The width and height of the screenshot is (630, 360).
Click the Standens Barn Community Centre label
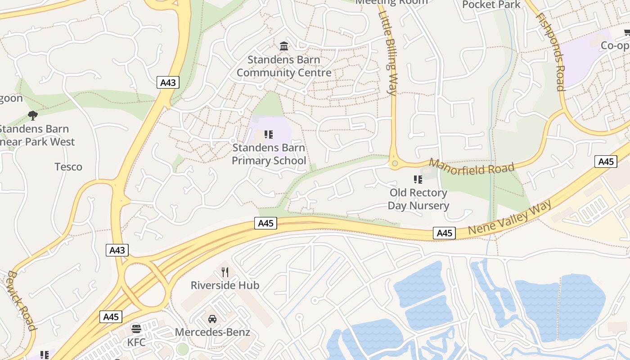coord(284,66)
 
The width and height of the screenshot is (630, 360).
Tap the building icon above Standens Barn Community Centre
coord(284,46)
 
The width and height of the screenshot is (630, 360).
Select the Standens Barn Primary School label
coord(269,154)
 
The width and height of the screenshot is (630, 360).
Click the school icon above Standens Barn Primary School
coord(269,134)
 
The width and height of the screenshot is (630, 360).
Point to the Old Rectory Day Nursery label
coord(418,199)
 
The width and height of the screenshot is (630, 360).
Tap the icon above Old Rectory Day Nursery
coord(418,180)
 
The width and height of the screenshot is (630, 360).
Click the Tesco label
coord(68,167)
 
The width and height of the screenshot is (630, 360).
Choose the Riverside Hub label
coord(225,285)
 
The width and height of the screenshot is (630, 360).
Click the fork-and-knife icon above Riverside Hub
coord(225,272)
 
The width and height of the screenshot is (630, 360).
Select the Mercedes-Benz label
coord(212,333)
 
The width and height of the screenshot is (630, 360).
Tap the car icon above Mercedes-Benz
coord(212,319)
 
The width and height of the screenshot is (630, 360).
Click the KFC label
coord(136,342)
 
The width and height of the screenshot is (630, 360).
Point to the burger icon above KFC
coord(136,328)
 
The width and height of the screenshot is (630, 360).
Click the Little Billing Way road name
coord(388,53)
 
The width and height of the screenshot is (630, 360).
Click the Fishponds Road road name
coord(550,52)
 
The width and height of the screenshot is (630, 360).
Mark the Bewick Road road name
coord(22,300)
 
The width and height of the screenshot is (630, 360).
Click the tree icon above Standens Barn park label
coord(32,116)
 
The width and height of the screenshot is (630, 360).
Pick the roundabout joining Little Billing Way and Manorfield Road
coord(395,163)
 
